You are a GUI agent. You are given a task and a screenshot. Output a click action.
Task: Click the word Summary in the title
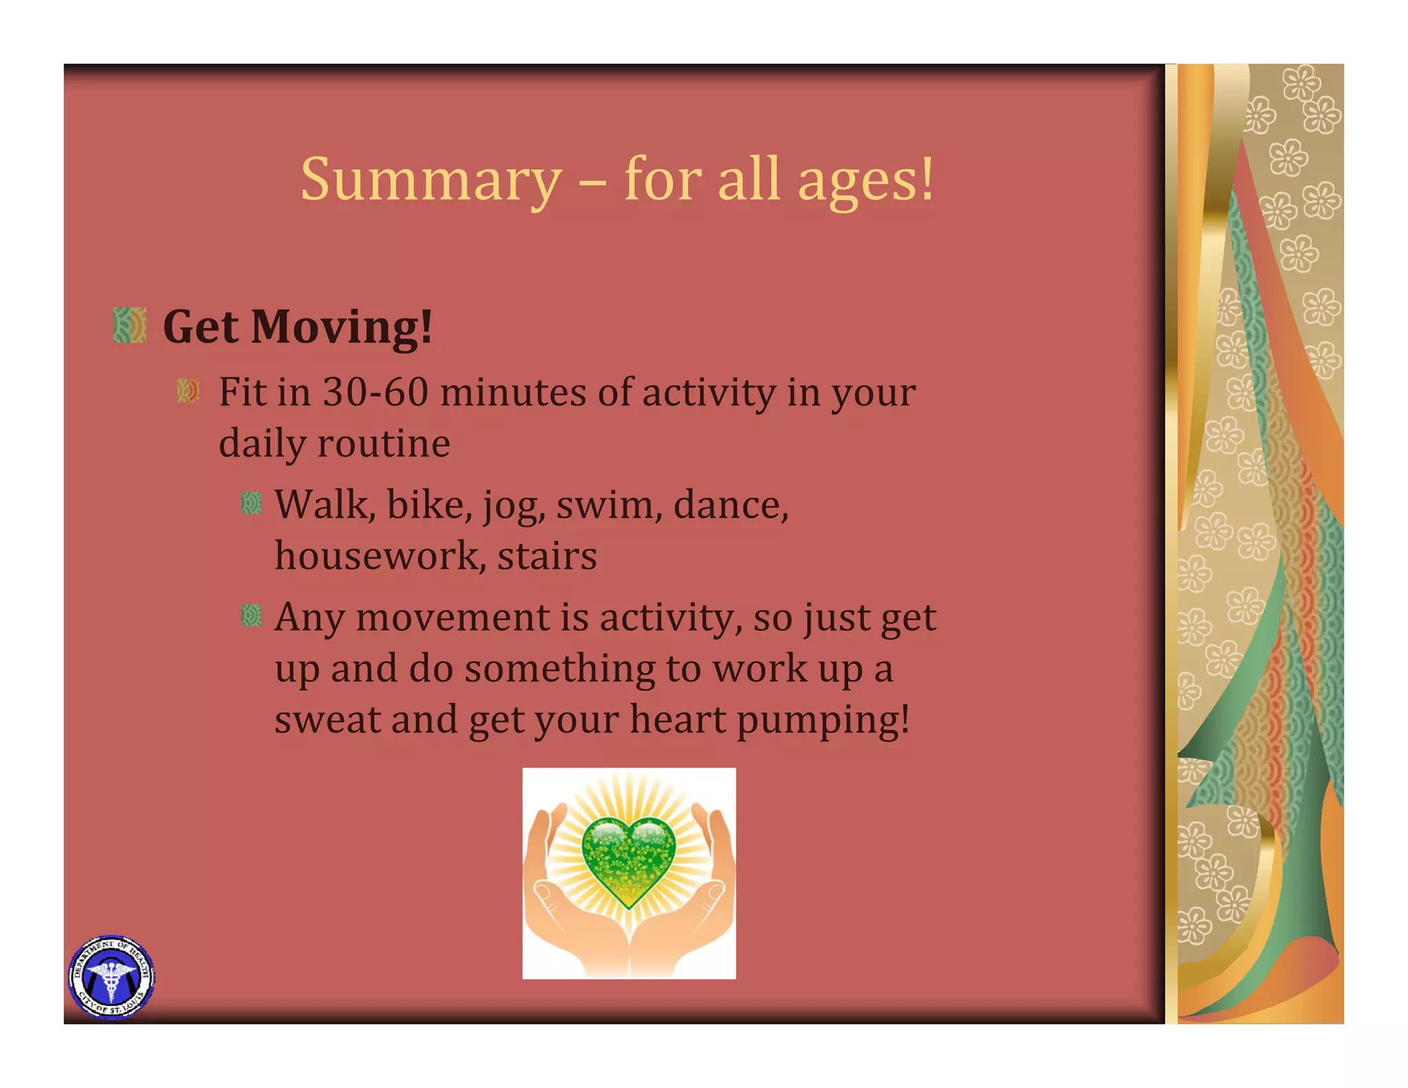pyautogui.click(x=431, y=180)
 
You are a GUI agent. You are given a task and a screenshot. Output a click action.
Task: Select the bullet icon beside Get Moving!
pyautogui.click(x=130, y=325)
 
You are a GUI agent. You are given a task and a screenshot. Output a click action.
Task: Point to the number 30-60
pyautogui.click(x=375, y=393)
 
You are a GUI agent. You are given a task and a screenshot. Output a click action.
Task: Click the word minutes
pyautogui.click(x=512, y=393)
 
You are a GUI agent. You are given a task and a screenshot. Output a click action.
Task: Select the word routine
pyautogui.click(x=383, y=444)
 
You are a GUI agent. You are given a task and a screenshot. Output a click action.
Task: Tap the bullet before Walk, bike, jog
pyautogui.click(x=252, y=504)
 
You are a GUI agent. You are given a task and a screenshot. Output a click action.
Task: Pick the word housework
pyautogui.click(x=376, y=556)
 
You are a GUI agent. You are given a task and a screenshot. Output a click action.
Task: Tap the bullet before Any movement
pyautogui.click(x=252, y=616)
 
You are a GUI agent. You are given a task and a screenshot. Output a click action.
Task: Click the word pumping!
pyautogui.click(x=823, y=721)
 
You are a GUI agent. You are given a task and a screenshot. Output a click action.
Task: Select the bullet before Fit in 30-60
pyautogui.click(x=188, y=391)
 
